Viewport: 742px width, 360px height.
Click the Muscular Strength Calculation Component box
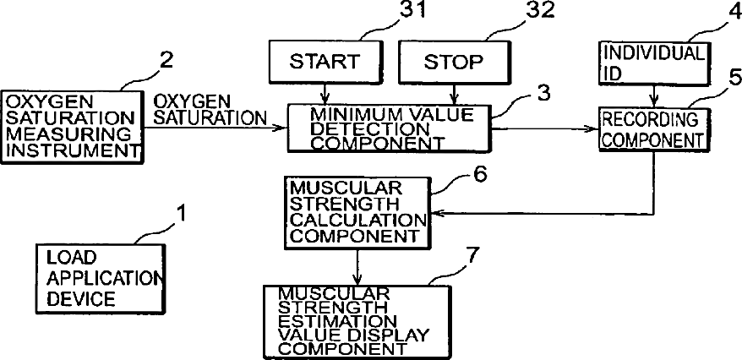click(356, 211)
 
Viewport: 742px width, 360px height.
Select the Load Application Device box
click(99, 276)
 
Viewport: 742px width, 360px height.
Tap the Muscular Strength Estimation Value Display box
click(355, 320)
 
